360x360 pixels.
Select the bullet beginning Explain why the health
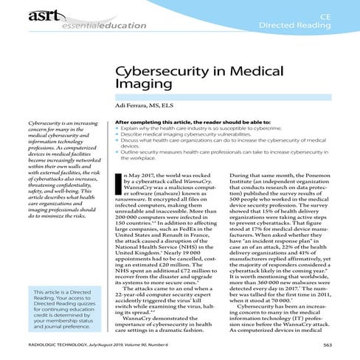click(199, 128)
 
